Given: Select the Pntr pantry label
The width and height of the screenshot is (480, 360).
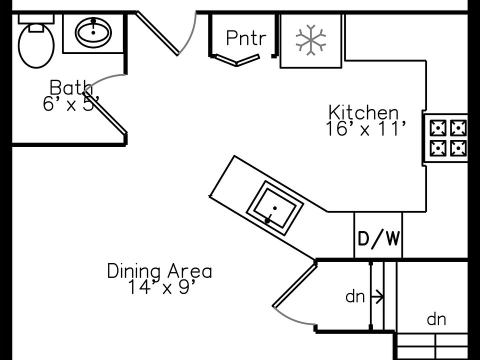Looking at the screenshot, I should pos(244,38).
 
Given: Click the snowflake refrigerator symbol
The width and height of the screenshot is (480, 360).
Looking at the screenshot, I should pos(311,39).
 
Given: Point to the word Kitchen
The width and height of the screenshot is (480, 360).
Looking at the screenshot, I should pos(363,112).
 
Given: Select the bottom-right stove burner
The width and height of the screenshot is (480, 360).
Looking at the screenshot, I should pos(458,147).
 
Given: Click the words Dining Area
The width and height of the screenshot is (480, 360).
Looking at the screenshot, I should pos(159,271).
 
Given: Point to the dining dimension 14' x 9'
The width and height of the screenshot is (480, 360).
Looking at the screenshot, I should pos(159,287).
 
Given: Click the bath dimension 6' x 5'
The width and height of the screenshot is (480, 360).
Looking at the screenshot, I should pos(70,104).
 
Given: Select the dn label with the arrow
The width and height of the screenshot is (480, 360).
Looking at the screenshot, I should pos(355,297).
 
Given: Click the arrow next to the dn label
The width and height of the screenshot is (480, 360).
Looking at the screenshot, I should pos(379,297).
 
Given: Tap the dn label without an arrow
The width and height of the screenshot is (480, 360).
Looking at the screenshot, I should pos(436,319).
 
